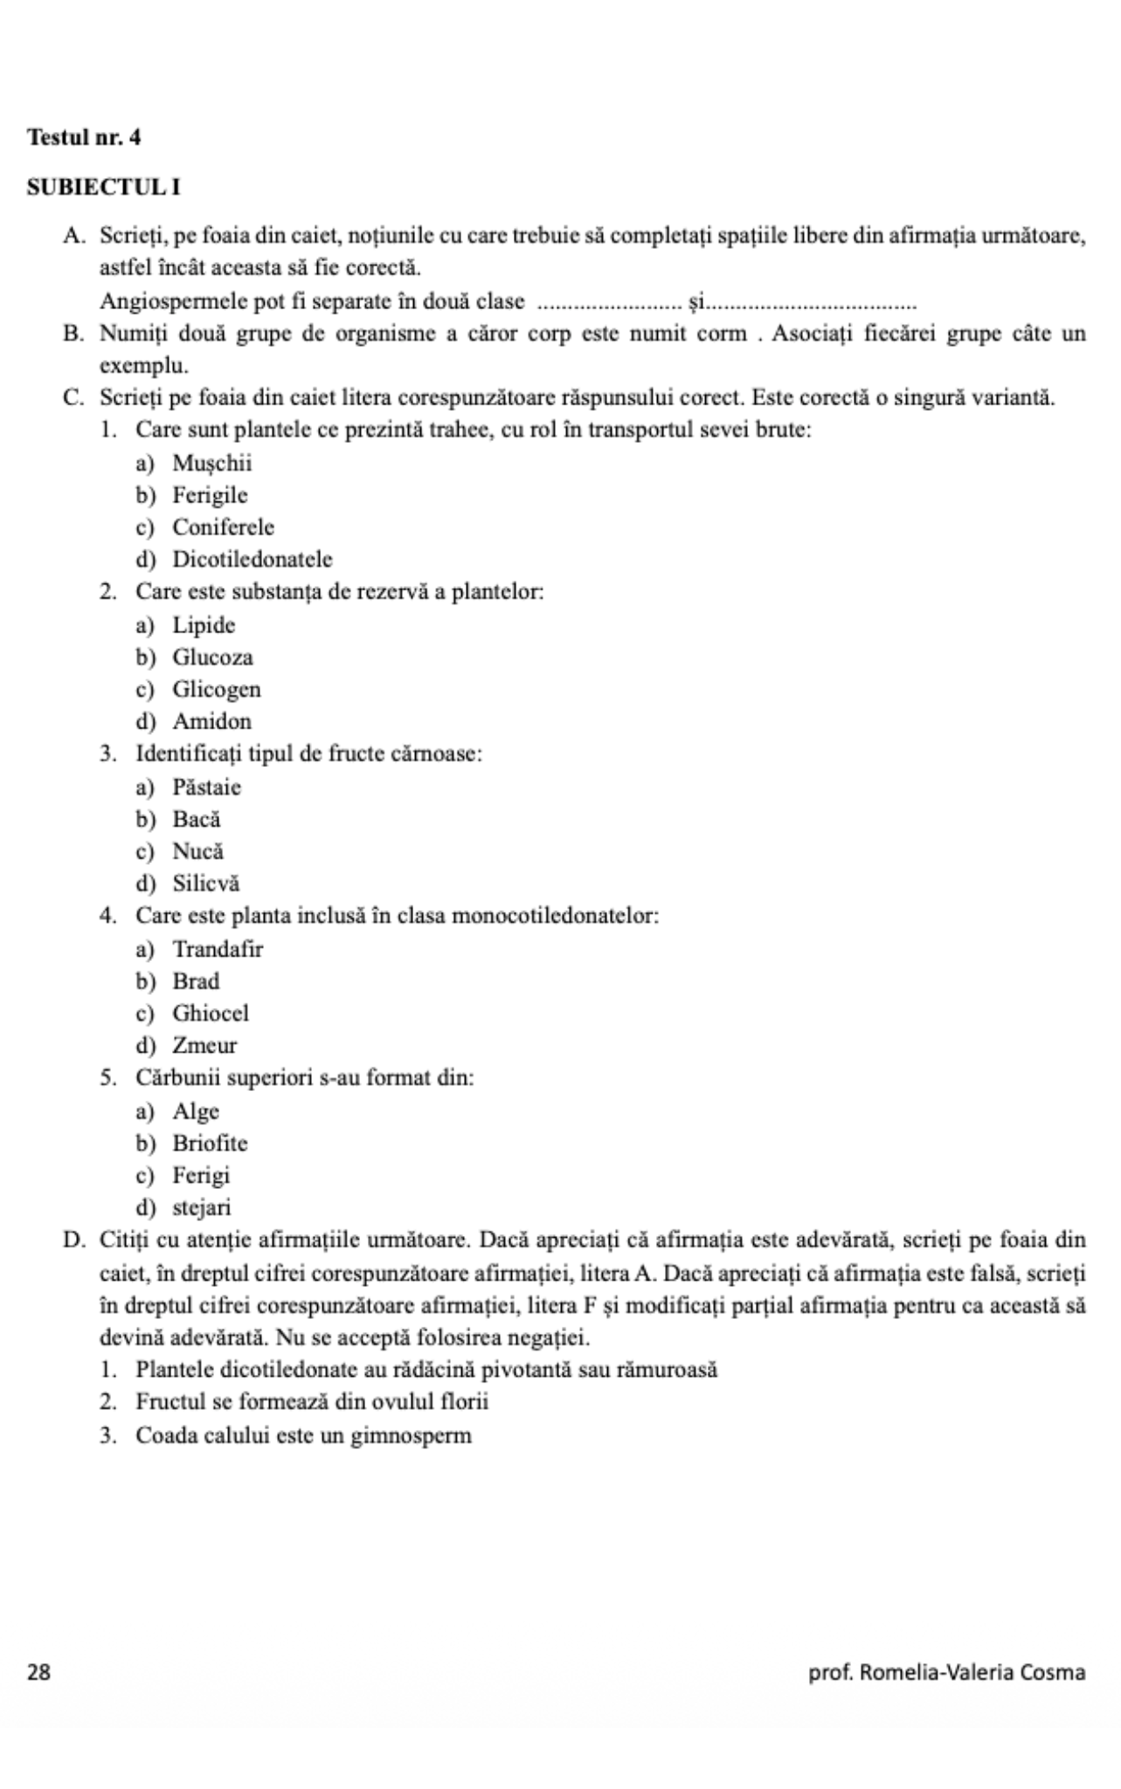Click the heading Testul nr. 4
click(x=84, y=137)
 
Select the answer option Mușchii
click(x=211, y=463)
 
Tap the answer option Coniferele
click(x=223, y=528)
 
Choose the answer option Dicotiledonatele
click(x=252, y=559)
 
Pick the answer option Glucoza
click(x=212, y=657)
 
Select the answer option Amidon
click(x=211, y=722)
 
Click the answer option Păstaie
click(x=206, y=787)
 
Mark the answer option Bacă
click(x=197, y=819)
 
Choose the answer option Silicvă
click(x=205, y=883)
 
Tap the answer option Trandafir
click(x=218, y=949)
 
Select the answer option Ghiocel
click(x=211, y=1013)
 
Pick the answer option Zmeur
click(x=204, y=1046)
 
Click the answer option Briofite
click(x=210, y=1143)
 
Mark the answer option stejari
click(x=202, y=1208)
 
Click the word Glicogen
click(x=217, y=689)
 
